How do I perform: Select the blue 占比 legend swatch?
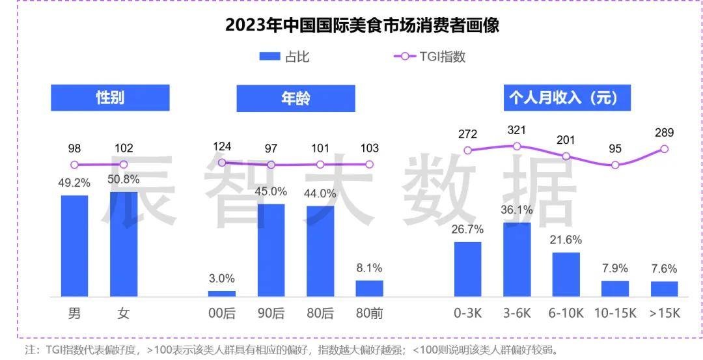(268, 57)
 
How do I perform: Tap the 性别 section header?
(110, 98)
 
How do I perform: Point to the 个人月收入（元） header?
(562, 98)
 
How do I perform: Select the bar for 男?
(74, 246)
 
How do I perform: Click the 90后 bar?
(271, 251)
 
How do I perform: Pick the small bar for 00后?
(221, 294)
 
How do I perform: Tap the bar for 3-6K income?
(517, 260)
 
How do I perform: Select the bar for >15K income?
(664, 289)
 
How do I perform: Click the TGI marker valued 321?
(517, 146)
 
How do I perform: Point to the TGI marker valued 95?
(615, 165)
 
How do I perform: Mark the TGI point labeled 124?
(221, 163)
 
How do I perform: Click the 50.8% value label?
(124, 179)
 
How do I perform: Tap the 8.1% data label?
(369, 268)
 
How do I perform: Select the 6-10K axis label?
(566, 314)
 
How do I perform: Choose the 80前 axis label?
(369, 314)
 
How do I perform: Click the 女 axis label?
(124, 314)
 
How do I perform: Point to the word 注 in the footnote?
(30, 350)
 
